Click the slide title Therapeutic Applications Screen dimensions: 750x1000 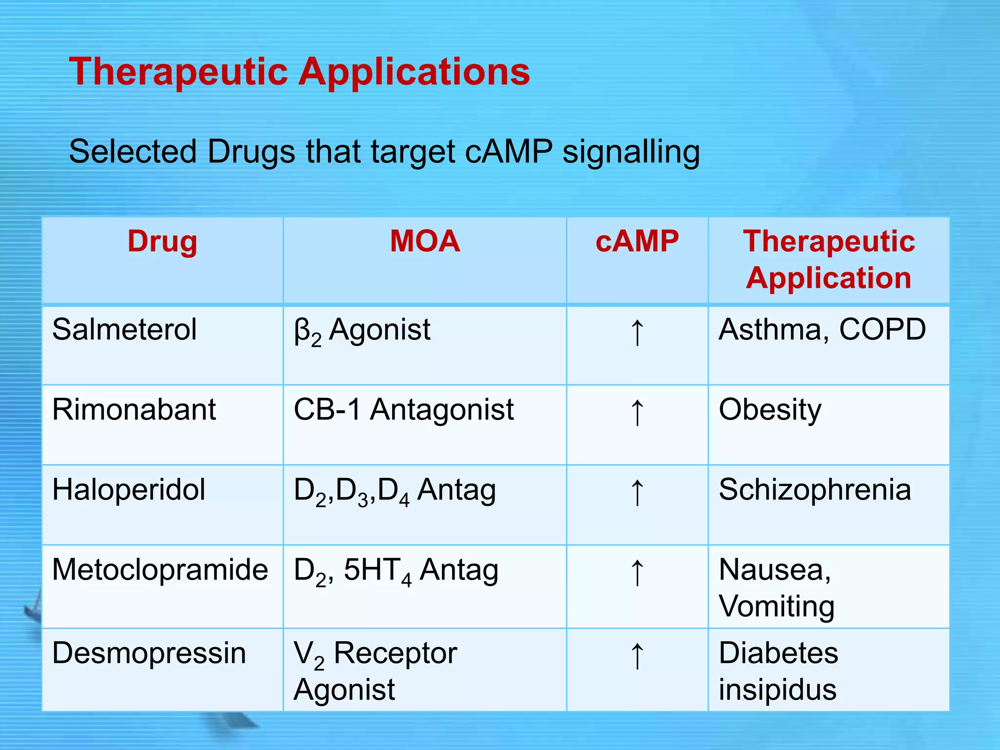[299, 72]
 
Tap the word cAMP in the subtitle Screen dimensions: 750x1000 [508, 151]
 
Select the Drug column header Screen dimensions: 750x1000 [162, 241]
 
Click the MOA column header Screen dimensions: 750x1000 [425, 241]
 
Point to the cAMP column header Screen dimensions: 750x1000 [637, 241]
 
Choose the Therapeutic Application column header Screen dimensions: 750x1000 [829, 259]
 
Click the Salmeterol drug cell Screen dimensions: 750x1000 [125, 330]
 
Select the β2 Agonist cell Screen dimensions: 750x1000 [362, 331]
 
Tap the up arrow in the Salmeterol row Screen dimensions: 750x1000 [637, 333]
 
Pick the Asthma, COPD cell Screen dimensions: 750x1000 [822, 330]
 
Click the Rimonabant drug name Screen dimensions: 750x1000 [134, 409]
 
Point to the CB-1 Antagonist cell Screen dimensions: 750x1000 [403, 409]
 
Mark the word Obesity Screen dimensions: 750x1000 [770, 410]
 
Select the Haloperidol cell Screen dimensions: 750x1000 [128, 490]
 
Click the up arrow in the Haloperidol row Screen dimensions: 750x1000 [637, 492]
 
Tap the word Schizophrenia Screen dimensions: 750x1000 [814, 490]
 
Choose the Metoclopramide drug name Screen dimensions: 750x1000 [160, 570]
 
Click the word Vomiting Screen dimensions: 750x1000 [776, 607]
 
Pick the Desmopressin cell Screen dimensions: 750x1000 [149, 653]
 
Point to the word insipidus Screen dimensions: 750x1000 [777, 690]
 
